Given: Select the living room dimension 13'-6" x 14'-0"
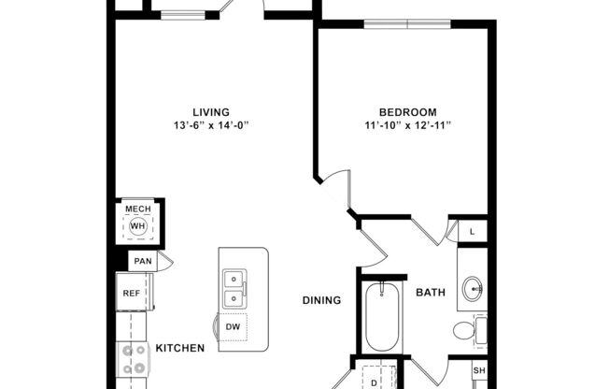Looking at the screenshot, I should (211, 126).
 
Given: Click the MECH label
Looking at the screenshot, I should (138, 209).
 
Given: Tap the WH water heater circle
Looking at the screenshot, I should (138, 226).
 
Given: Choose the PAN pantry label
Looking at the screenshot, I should (142, 262).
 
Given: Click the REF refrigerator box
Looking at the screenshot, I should (132, 294).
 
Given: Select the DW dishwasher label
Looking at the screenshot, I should (233, 326).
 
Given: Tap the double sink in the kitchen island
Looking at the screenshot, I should (234, 289).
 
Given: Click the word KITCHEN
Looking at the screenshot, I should (179, 349).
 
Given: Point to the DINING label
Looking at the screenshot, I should (320, 301).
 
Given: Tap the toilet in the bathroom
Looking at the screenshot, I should (464, 329).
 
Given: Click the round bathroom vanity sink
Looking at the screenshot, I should (471, 289).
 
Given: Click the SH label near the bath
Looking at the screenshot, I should (478, 370).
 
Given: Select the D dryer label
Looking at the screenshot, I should (374, 382).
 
